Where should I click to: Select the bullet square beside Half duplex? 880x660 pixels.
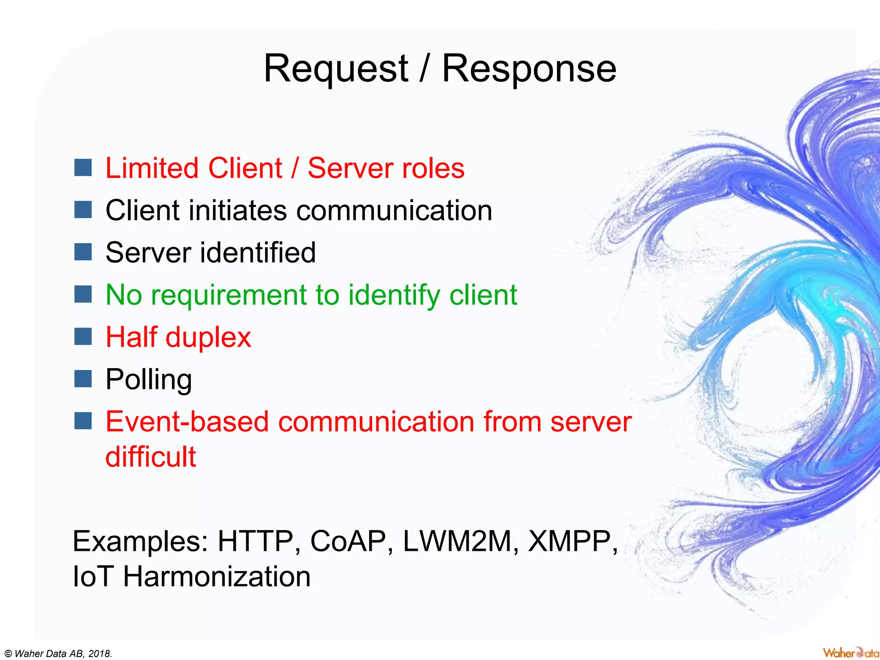click(x=83, y=336)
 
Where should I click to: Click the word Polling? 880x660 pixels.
click(x=149, y=379)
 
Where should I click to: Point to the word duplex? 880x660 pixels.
click(x=208, y=337)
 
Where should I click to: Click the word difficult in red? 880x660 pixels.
click(x=150, y=456)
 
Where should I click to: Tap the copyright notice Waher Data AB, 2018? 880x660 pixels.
click(x=58, y=654)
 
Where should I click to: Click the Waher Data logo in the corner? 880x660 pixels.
click(x=850, y=653)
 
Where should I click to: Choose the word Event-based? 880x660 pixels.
click(x=187, y=422)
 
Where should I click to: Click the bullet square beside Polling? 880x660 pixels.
click(x=83, y=379)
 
